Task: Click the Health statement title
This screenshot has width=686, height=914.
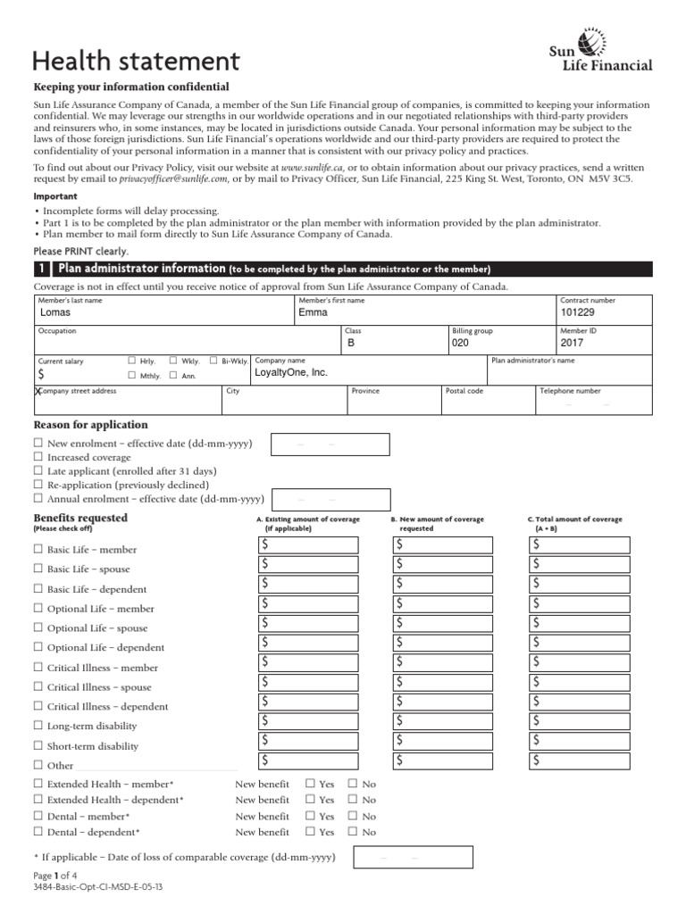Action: pyautogui.click(x=136, y=61)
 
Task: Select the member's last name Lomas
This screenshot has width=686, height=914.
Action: pyautogui.click(x=56, y=313)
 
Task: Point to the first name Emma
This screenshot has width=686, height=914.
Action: pyautogui.click(x=314, y=313)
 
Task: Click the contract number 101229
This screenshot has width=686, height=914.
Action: pyautogui.click(x=576, y=313)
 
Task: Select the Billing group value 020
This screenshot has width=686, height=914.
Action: pyautogui.click(x=460, y=343)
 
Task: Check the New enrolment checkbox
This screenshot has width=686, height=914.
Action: pyautogui.click(x=38, y=444)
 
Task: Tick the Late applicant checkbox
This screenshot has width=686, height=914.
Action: pyautogui.click(x=38, y=470)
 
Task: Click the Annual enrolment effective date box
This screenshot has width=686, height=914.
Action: pyautogui.click(x=331, y=499)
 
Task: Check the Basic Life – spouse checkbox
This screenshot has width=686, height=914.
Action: pyautogui.click(x=38, y=569)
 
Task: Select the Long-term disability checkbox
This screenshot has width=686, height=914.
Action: pyautogui.click(x=38, y=726)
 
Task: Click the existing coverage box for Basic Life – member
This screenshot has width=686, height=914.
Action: pyautogui.click(x=308, y=545)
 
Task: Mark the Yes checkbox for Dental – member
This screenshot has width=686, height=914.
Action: pyautogui.click(x=311, y=816)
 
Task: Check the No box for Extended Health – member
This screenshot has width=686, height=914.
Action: pyautogui.click(x=353, y=784)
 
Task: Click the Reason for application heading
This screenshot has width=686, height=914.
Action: pyautogui.click(x=90, y=425)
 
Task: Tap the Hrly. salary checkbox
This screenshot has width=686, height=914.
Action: pyautogui.click(x=131, y=361)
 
